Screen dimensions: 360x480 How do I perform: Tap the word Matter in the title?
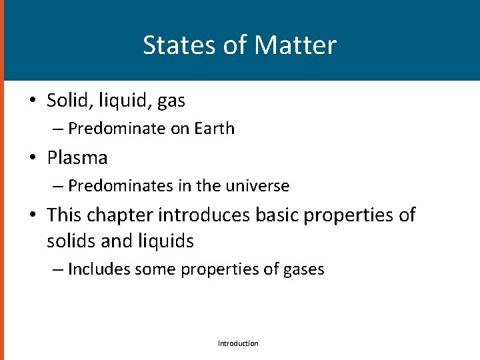coord(295,45)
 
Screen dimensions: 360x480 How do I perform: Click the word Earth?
coord(215,129)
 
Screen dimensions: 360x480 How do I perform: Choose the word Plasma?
coord(77,158)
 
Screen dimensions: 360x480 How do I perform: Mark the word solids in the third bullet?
coord(69,241)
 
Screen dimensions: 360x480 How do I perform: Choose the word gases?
coord(302,270)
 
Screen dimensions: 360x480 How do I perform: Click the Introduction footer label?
coord(238,343)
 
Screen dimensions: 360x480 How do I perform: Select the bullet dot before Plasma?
coord(31,159)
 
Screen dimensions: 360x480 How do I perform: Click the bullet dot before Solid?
coord(31,101)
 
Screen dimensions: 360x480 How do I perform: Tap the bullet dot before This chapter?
coord(31,216)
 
